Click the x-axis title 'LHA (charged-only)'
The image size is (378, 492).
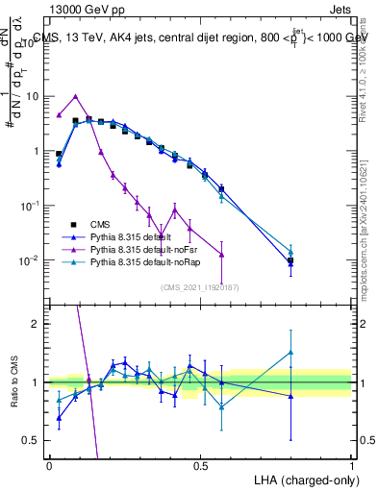[x=303, y=479]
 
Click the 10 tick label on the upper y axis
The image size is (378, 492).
[x=33, y=96]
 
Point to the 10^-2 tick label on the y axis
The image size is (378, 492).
[x=31, y=260]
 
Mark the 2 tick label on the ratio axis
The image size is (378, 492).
[x=37, y=324]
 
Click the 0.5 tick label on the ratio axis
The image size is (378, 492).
[x=33, y=440]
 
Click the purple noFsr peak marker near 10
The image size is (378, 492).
[x=76, y=96]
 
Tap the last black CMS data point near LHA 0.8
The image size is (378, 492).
[x=290, y=259]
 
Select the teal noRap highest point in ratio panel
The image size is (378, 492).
[x=290, y=352]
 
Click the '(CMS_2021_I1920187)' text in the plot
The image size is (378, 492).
[x=199, y=286]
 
